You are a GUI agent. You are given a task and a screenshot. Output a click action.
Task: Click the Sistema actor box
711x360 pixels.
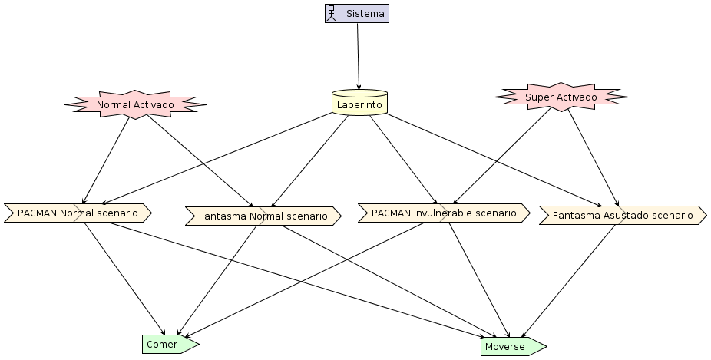[x=357, y=14]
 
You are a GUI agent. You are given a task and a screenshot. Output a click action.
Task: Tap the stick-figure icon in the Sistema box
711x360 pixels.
[x=332, y=14]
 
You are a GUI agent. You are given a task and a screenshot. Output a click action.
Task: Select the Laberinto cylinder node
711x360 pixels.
[x=359, y=102]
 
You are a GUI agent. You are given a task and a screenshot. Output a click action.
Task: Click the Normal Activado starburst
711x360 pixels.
[x=135, y=104]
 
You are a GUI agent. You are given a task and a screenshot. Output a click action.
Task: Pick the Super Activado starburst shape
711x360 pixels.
[x=561, y=97]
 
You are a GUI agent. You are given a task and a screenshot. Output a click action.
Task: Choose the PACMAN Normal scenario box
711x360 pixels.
[x=78, y=213]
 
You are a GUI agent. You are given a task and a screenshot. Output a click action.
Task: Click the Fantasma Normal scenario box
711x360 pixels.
[x=263, y=216]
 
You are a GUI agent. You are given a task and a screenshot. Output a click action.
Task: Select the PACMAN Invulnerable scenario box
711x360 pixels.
[x=444, y=213]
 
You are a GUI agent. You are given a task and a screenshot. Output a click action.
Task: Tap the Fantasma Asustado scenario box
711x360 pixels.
[x=623, y=216]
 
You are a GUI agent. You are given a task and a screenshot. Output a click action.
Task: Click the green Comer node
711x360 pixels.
[x=170, y=345]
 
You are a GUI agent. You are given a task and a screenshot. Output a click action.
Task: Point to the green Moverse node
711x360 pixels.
[x=514, y=347]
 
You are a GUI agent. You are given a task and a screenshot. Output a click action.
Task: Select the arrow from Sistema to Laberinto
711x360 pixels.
[x=359, y=56]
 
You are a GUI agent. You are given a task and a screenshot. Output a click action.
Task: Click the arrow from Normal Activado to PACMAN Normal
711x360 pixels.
[x=106, y=161]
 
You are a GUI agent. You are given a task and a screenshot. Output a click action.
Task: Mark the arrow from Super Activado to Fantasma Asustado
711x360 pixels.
[x=593, y=158]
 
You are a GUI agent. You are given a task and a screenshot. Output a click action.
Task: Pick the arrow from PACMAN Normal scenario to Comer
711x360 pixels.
[x=124, y=279]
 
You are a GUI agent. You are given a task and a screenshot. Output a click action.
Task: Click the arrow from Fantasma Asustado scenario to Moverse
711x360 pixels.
[x=568, y=282]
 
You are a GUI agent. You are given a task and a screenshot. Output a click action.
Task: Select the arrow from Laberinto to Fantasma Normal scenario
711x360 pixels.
[x=309, y=161]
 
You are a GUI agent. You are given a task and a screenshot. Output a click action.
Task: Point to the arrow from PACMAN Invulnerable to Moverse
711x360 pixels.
[x=480, y=280]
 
